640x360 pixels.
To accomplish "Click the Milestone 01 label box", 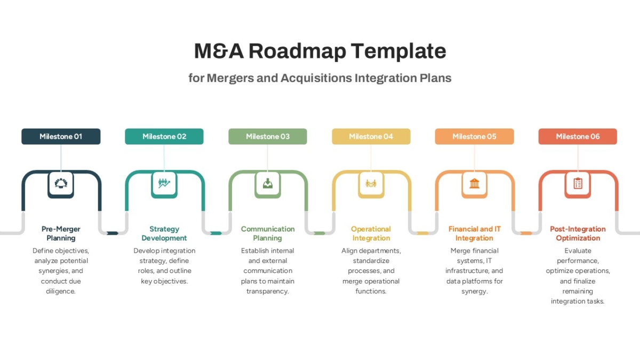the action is pyautogui.click(x=61, y=137).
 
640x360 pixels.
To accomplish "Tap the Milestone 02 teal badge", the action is pyautogui.click(x=164, y=137).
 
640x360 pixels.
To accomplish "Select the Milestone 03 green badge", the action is pyautogui.click(x=268, y=137).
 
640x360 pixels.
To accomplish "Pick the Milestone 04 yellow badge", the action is pyautogui.click(x=371, y=137).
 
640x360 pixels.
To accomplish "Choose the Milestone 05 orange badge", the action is pyautogui.click(x=474, y=137).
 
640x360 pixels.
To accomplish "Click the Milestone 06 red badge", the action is pyautogui.click(x=578, y=137).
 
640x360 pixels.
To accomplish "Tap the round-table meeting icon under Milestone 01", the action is pyautogui.click(x=61, y=183).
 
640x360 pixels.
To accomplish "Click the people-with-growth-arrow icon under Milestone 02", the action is pyautogui.click(x=164, y=183).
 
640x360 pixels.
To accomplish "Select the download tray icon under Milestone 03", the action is pyautogui.click(x=268, y=183).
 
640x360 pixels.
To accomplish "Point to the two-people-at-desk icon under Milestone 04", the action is pyautogui.click(x=371, y=183).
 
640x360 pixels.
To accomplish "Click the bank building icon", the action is pyautogui.click(x=474, y=183).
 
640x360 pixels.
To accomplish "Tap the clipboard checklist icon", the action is pyautogui.click(x=578, y=183).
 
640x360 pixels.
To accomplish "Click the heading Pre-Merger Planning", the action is pyautogui.click(x=61, y=234).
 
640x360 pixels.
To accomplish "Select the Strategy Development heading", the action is pyautogui.click(x=164, y=234).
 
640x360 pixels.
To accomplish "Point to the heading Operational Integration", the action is pyautogui.click(x=371, y=234).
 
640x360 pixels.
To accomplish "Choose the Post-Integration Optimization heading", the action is pyautogui.click(x=578, y=234).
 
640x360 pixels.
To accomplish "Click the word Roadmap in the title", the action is pyautogui.click(x=297, y=51).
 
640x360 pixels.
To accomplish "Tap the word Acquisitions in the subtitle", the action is pyautogui.click(x=316, y=78).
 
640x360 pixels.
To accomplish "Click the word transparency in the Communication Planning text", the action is pyautogui.click(x=268, y=291).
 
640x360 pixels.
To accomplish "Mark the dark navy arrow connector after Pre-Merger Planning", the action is pyautogui.click(x=113, y=233).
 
